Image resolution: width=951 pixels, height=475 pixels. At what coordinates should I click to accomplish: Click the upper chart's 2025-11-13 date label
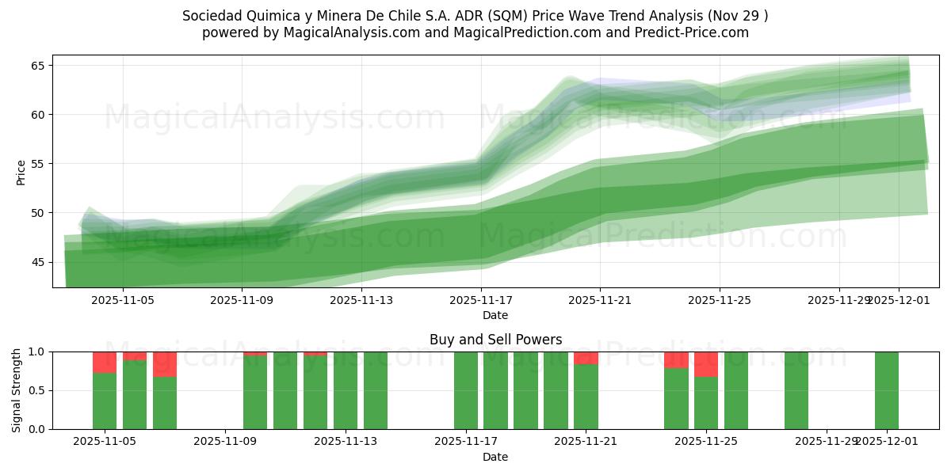(x=361, y=300)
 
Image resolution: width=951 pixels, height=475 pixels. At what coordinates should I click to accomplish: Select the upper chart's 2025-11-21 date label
(x=600, y=300)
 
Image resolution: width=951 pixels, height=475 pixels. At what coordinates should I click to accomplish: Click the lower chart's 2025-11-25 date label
(x=705, y=442)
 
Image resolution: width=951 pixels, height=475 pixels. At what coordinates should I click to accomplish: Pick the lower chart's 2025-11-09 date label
(x=226, y=442)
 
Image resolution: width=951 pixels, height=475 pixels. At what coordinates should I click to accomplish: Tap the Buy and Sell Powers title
(x=495, y=340)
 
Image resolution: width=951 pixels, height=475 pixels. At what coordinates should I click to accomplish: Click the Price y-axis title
(x=21, y=172)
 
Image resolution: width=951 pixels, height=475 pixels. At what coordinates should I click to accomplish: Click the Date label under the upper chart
(x=495, y=315)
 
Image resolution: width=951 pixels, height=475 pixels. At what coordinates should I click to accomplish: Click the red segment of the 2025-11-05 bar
(x=105, y=362)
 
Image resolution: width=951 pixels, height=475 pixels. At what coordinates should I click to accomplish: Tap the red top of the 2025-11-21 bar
(x=586, y=358)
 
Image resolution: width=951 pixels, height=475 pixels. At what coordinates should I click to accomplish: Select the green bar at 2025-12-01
(x=886, y=390)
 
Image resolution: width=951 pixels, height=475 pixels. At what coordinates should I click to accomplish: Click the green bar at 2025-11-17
(x=466, y=390)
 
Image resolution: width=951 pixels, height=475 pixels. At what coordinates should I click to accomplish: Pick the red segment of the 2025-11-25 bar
(x=705, y=364)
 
